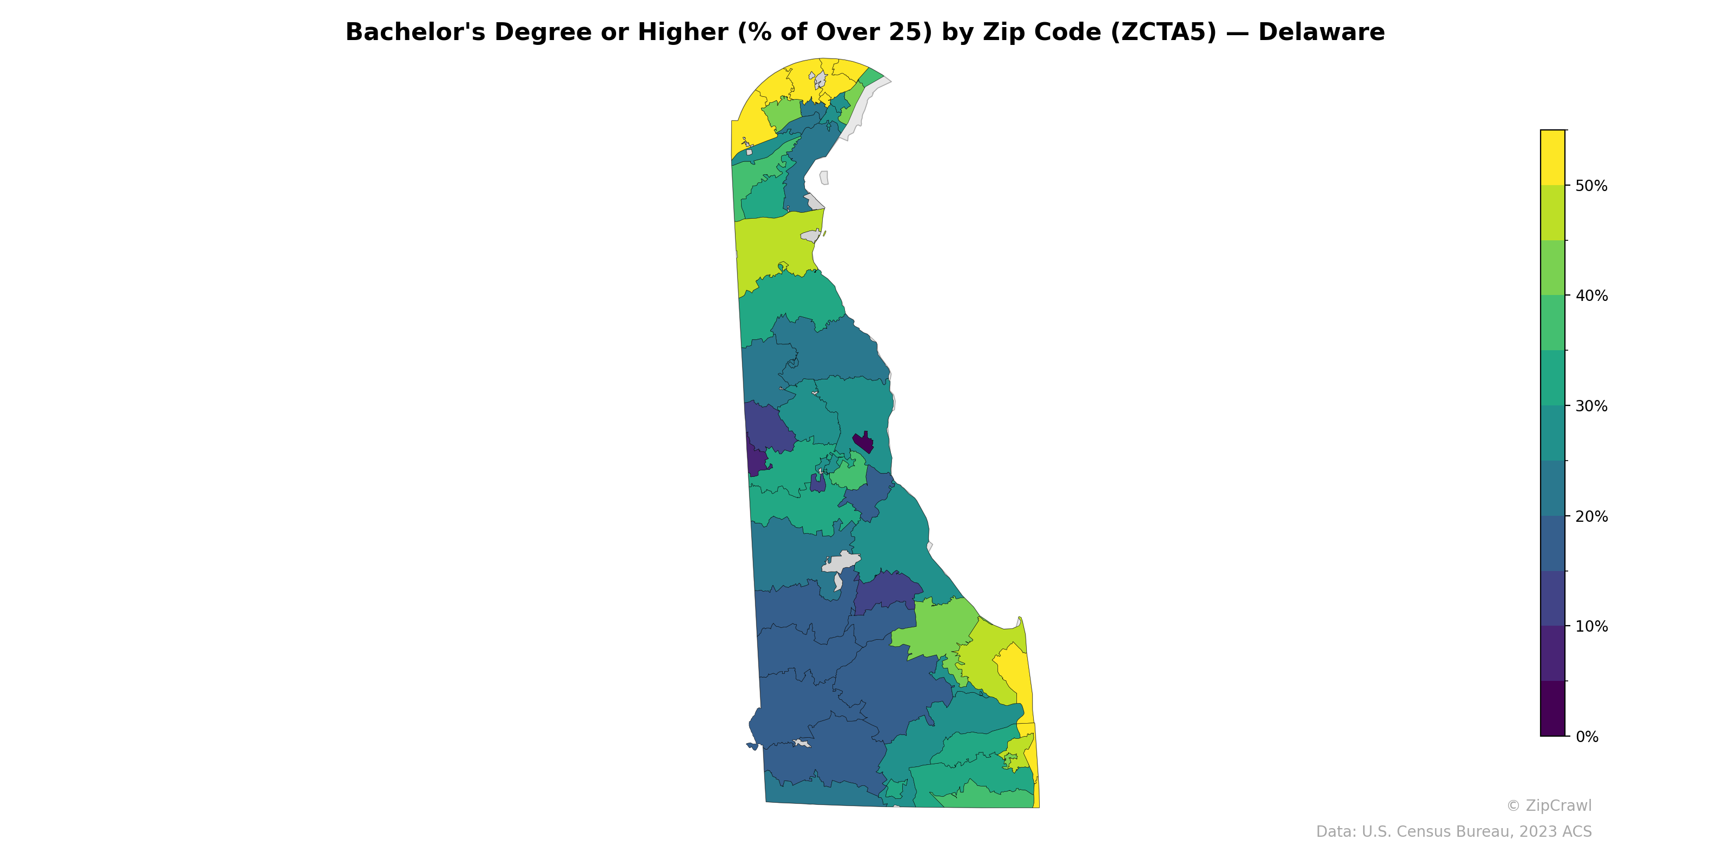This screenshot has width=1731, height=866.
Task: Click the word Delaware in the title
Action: coord(1321,32)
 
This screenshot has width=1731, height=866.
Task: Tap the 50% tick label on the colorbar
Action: coord(1591,186)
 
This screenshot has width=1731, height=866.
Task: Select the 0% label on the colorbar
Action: coord(1587,737)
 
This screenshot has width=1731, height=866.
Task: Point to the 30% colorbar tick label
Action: coord(1591,406)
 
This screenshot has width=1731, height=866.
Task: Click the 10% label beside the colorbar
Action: coord(1591,627)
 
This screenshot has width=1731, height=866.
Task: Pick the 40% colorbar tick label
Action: coord(1591,296)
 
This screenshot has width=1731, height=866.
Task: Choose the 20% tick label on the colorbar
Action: coord(1591,516)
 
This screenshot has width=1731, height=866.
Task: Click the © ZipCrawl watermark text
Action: coord(1548,805)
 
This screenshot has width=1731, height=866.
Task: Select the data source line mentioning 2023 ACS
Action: coord(1453,832)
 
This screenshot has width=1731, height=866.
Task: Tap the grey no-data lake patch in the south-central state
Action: coord(840,563)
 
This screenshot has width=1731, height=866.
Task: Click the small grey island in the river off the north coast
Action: coord(824,178)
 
